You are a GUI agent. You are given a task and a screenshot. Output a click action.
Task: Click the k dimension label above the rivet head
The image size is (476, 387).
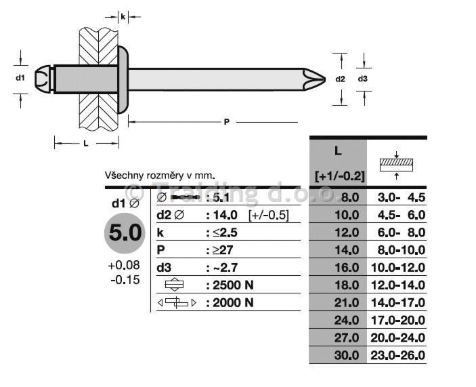pyautogui.click(x=123, y=17)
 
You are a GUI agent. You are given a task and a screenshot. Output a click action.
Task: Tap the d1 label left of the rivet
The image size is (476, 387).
pyautogui.click(x=20, y=78)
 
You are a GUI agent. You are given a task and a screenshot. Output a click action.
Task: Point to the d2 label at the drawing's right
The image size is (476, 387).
pyautogui.click(x=341, y=79)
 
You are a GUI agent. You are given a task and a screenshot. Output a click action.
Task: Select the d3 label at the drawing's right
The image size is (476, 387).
pyautogui.click(x=363, y=79)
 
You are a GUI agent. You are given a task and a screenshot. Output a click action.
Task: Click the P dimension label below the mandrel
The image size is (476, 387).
pyautogui.click(x=226, y=122)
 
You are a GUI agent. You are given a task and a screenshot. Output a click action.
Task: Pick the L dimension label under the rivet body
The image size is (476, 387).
pyautogui.click(x=86, y=144)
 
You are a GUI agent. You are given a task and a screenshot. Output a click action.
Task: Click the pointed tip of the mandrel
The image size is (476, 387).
pyautogui.click(x=325, y=79)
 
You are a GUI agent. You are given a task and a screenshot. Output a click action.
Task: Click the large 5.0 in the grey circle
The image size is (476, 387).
pyautogui.click(x=125, y=232)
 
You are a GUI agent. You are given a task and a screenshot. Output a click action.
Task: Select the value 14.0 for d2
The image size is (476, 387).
pyautogui.click(x=225, y=215)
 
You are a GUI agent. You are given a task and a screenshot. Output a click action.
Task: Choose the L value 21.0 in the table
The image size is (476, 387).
pyautogui.click(x=347, y=303)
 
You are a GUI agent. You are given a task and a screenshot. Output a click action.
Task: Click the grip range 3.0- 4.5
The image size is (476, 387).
pyautogui.click(x=402, y=198)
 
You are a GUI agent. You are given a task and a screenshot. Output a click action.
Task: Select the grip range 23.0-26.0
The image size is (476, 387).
pyautogui.click(x=398, y=355)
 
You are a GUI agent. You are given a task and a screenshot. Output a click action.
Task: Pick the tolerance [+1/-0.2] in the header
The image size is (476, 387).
pyautogui.click(x=340, y=176)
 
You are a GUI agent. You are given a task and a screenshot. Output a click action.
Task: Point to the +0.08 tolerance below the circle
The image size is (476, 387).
pyautogui.click(x=124, y=265)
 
